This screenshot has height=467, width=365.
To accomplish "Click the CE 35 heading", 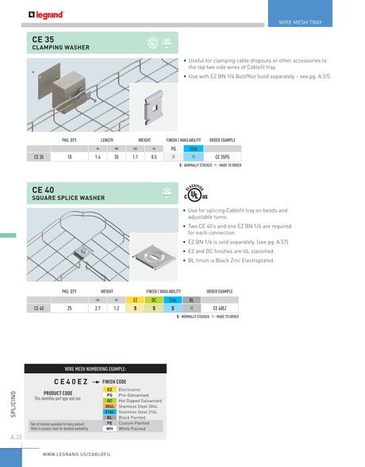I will click(x=43, y=38).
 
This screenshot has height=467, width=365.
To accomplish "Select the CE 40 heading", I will click(x=43, y=190).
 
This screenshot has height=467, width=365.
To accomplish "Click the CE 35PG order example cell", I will click(x=223, y=157).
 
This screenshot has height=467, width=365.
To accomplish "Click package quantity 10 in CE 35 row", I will click(x=70, y=157).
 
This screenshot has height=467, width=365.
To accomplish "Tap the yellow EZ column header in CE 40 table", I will click(x=136, y=300).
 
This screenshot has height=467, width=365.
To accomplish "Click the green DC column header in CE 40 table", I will click(x=154, y=300).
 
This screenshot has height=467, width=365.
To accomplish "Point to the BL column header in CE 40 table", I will click(x=191, y=300).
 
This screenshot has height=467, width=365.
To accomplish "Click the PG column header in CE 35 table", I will click(x=173, y=149).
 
